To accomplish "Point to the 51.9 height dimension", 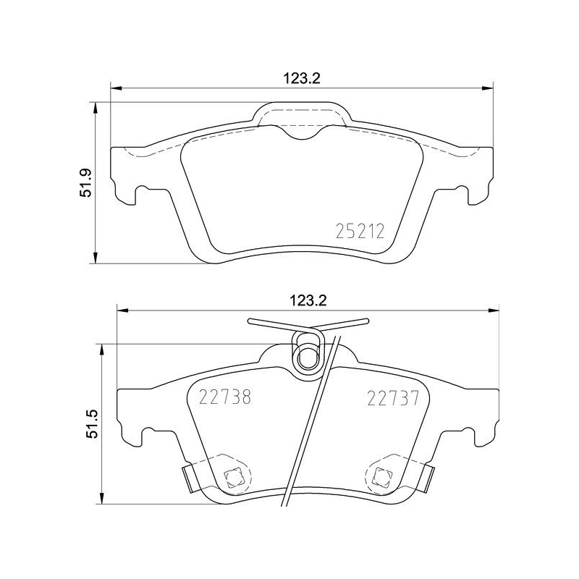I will (85, 182).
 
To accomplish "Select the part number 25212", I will (359, 232).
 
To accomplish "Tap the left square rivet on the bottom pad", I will (233, 476).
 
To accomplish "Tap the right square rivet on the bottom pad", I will (382, 476).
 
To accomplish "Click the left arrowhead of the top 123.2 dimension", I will (115, 90).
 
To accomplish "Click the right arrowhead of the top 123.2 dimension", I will (490, 90).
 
